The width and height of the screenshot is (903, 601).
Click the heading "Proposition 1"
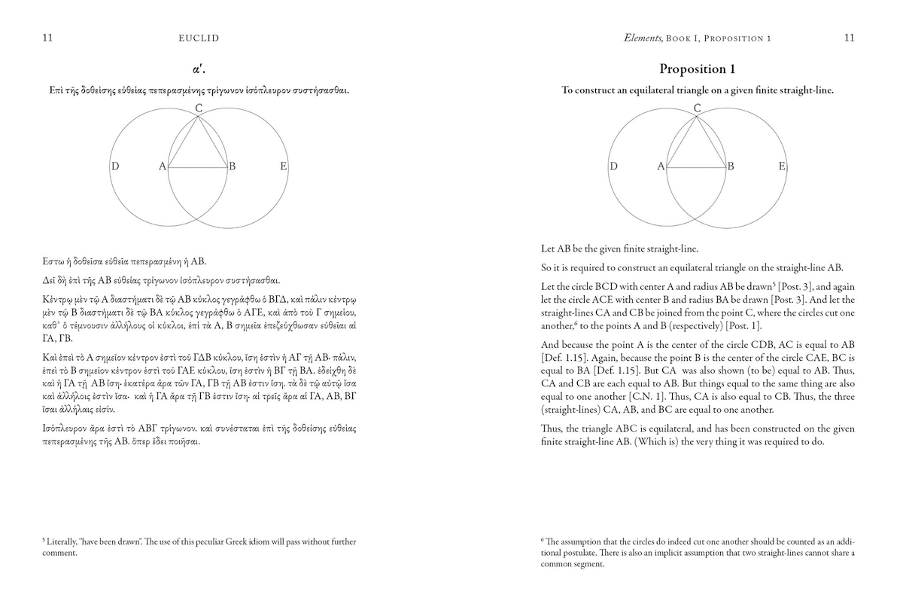pyautogui.click(x=697, y=69)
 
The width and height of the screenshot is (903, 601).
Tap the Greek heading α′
pyautogui.click(x=199, y=69)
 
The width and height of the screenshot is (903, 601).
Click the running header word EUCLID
pyautogui.click(x=199, y=38)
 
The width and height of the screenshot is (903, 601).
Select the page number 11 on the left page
pyautogui.click(x=47, y=38)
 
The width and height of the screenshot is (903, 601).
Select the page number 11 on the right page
pyautogui.click(x=849, y=38)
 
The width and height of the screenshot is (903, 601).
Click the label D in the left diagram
pyautogui.click(x=115, y=166)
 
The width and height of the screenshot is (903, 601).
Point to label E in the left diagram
pyautogui.click(x=283, y=166)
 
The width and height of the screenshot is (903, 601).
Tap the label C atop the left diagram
pyautogui.click(x=199, y=108)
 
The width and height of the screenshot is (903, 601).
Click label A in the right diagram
pyautogui.click(x=661, y=166)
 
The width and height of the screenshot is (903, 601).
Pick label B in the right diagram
pyautogui.click(x=731, y=166)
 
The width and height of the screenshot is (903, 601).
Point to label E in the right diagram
pyautogui.click(x=782, y=166)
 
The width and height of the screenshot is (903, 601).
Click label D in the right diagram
pyautogui.click(x=614, y=166)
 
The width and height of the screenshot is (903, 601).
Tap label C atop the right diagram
pyautogui.click(x=698, y=108)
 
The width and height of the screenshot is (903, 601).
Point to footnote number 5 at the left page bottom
pyautogui.click(x=44, y=539)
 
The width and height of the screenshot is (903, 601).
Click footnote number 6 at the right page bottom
pyautogui.click(x=543, y=539)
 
